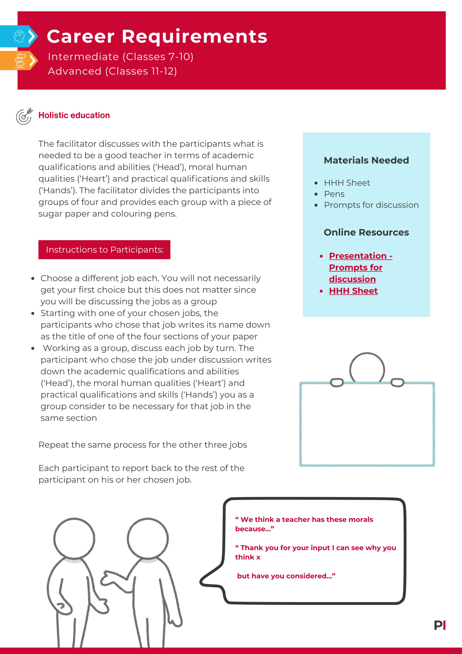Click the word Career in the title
coord(81,37)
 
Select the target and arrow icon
coord(24,116)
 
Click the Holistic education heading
coord(74,115)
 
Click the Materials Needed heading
coord(366,160)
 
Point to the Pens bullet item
coord(334,194)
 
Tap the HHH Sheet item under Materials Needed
coord(347,183)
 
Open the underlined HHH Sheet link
coord(353,291)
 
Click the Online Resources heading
coord(366,232)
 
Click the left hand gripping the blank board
coord(337,383)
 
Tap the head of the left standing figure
coord(74,539)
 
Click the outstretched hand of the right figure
coord(107,578)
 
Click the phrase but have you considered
coord(286,576)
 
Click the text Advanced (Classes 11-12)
coord(112,71)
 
